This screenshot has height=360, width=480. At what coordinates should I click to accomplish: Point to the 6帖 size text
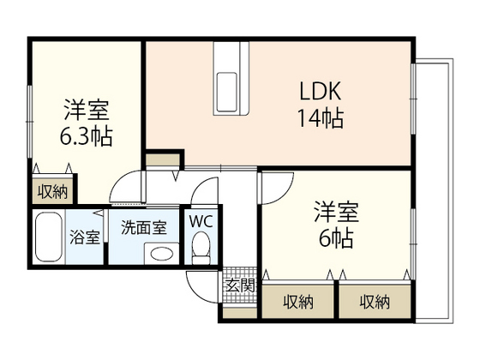click(334, 237)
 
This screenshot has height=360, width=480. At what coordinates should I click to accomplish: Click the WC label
click(201, 221)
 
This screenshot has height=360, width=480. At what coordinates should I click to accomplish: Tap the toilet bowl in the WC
click(201, 249)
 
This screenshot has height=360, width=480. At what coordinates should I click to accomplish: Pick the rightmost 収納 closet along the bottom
click(375, 302)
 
